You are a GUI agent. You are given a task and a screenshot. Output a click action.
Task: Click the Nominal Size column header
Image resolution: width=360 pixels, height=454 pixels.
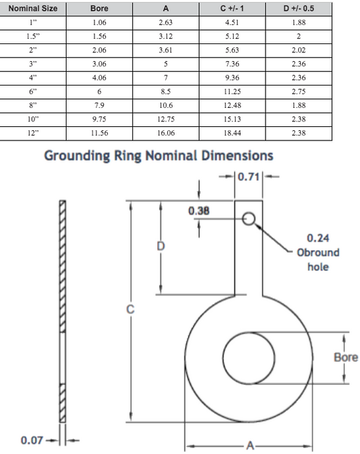(33, 8)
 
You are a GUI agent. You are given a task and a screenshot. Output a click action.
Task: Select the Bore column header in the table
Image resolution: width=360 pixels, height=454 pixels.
(99, 8)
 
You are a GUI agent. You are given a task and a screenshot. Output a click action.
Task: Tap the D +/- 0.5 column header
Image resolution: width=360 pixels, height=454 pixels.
(299, 8)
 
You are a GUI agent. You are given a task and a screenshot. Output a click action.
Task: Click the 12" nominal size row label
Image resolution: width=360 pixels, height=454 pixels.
(33, 133)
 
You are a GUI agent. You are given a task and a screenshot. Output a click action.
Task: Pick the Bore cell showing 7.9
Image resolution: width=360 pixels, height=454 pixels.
(99, 105)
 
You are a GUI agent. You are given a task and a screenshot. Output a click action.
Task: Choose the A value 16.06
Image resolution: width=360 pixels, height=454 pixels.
(166, 133)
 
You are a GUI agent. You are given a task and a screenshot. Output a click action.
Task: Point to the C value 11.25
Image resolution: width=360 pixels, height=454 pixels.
(232, 92)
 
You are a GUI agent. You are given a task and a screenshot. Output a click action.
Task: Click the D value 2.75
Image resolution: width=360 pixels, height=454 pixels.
(299, 92)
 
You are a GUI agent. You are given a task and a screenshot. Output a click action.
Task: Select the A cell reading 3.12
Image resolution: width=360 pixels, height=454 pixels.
(166, 36)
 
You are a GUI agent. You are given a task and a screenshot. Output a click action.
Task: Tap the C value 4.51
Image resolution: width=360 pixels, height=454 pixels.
(232, 22)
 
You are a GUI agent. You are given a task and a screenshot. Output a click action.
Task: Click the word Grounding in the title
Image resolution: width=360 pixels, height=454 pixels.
(77, 156)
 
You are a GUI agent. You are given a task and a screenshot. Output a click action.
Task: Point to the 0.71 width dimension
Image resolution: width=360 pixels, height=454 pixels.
(249, 176)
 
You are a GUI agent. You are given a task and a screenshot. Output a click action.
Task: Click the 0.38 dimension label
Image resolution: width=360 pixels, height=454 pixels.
(199, 211)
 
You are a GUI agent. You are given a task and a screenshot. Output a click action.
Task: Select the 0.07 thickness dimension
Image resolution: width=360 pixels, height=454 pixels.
(32, 440)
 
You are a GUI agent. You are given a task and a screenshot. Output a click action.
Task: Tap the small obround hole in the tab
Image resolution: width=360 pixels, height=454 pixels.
(249, 219)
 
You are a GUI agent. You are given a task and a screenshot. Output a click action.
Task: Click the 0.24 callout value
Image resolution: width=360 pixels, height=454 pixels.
(318, 238)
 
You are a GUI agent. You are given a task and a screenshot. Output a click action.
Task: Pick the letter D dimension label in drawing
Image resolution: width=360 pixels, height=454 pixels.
(160, 246)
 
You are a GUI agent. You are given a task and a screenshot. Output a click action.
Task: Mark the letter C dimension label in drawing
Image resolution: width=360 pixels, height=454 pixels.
(130, 309)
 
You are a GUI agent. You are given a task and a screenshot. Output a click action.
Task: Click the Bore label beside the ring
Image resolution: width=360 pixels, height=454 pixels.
(346, 357)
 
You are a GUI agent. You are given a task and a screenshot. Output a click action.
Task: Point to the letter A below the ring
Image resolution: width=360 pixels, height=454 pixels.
(250, 445)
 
